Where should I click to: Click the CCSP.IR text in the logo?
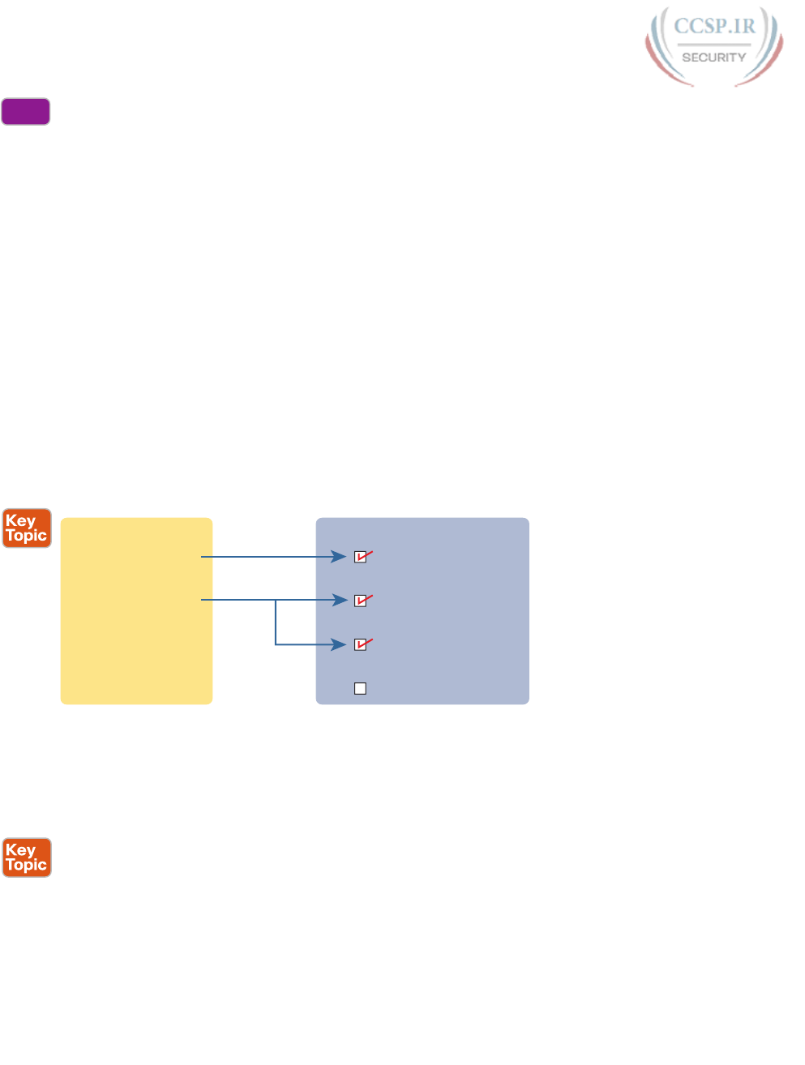coord(714,27)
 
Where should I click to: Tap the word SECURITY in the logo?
coord(713,58)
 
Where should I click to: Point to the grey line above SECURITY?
coord(713,44)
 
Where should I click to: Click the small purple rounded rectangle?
coord(26,112)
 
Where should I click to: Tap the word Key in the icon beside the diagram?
coord(21,521)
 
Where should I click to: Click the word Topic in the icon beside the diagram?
coord(27,536)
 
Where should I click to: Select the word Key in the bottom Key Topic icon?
coord(21,850)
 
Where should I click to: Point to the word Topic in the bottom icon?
coord(27,865)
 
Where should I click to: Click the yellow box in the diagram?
coord(136,611)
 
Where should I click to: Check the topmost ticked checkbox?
coord(361,557)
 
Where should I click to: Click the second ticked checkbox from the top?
coord(361,601)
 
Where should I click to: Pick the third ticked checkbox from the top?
coord(361,645)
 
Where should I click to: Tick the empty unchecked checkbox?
coord(361,689)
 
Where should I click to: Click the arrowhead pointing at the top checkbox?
coord(340,557)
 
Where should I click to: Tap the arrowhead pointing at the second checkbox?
coord(340,601)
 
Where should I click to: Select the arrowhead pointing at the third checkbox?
coord(340,645)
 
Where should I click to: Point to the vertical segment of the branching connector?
coord(276,622)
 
